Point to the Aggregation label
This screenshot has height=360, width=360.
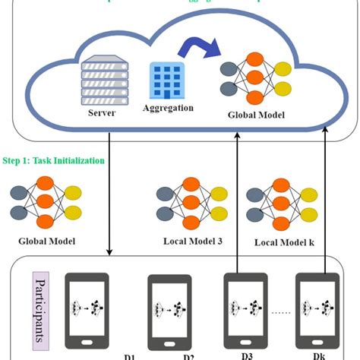click(x=168, y=108)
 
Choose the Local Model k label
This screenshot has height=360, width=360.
click(x=283, y=242)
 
